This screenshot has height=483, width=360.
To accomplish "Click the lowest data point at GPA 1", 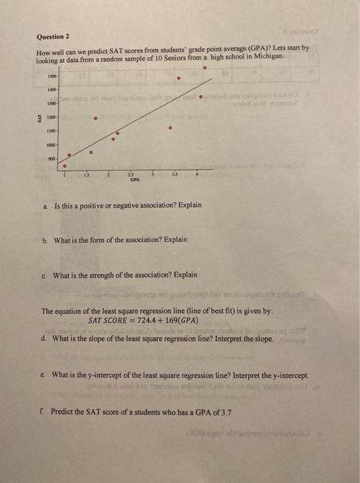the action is pyautogui.click(x=66, y=166).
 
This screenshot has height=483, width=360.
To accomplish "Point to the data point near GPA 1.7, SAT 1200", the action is pyautogui.click(x=94, y=117).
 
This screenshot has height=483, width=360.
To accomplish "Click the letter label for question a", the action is pyautogui.click(x=44, y=205).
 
